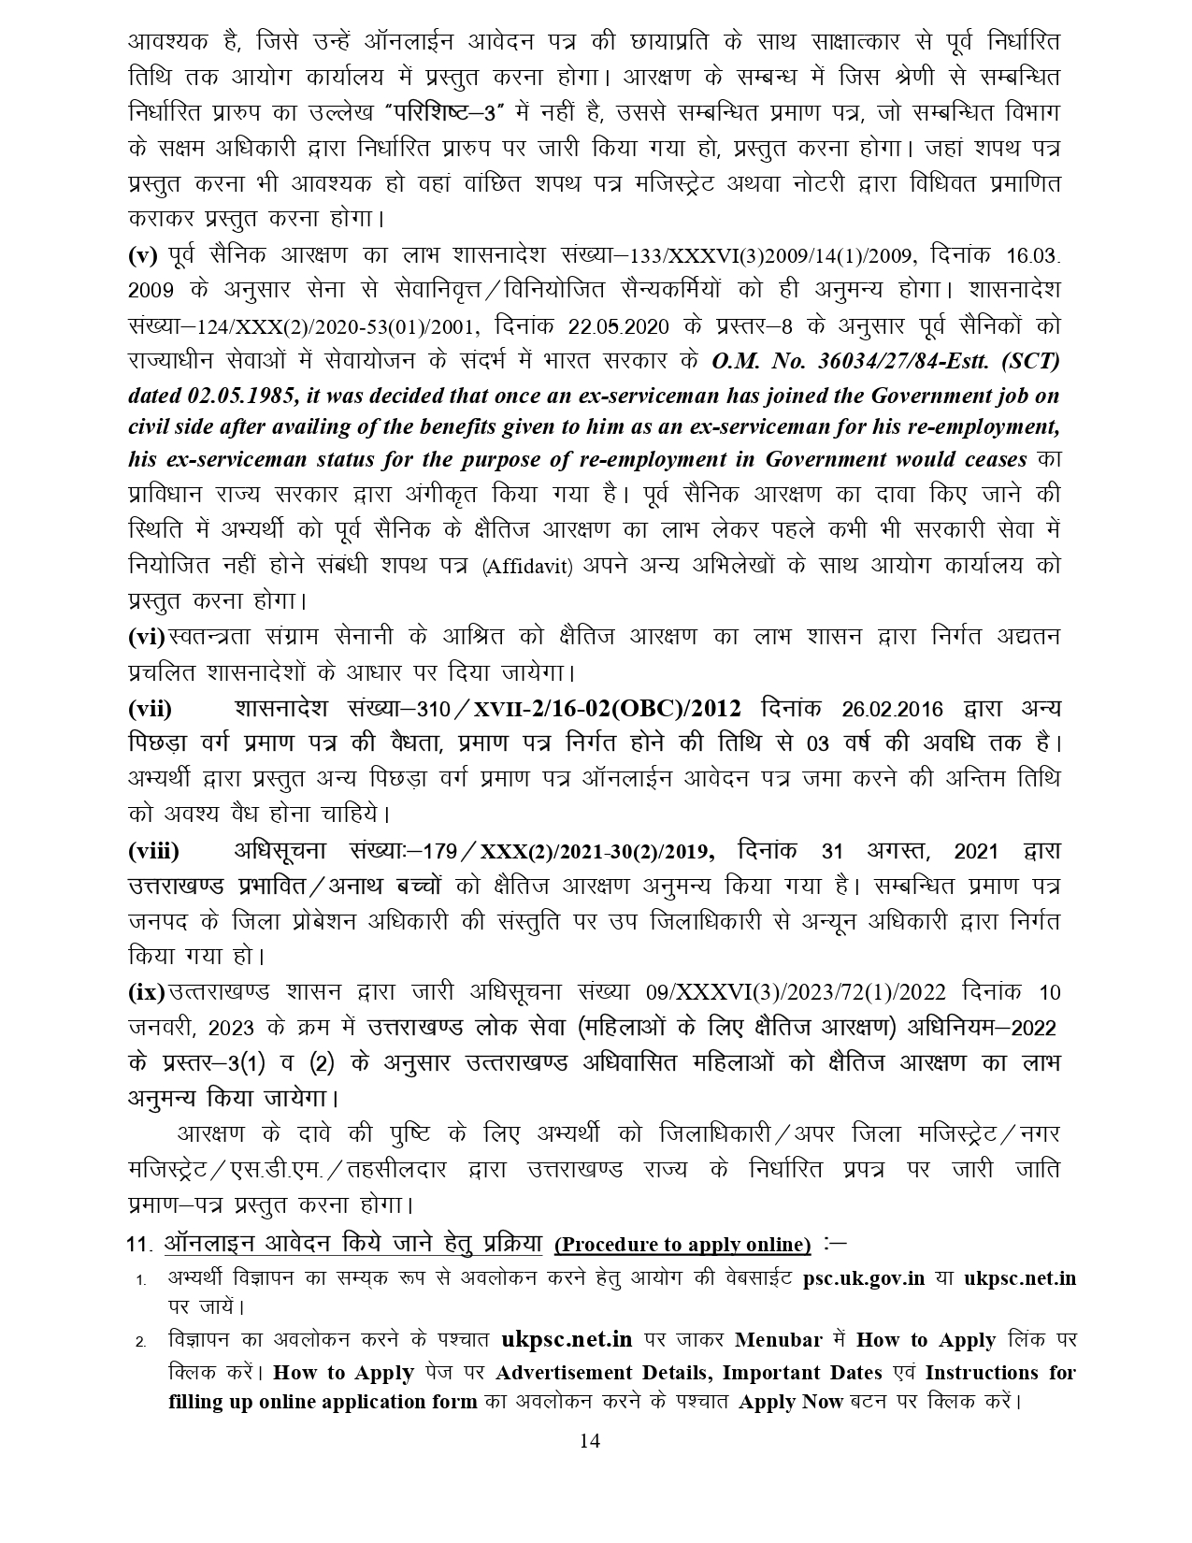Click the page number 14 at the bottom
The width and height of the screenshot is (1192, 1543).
click(x=589, y=1440)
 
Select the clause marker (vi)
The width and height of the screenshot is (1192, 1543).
click(x=146, y=637)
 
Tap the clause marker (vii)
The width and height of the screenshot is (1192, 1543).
click(x=151, y=709)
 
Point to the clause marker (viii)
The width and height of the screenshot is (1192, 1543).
click(x=154, y=852)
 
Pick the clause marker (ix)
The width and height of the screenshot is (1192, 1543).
click(x=146, y=992)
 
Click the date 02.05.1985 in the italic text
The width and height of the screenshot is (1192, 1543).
click(x=237, y=397)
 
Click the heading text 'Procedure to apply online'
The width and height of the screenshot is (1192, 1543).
click(x=682, y=1245)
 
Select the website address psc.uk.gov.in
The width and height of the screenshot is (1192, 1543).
click(x=864, y=1278)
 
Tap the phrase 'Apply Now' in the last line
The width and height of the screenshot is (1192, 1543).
click(x=781, y=1403)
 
